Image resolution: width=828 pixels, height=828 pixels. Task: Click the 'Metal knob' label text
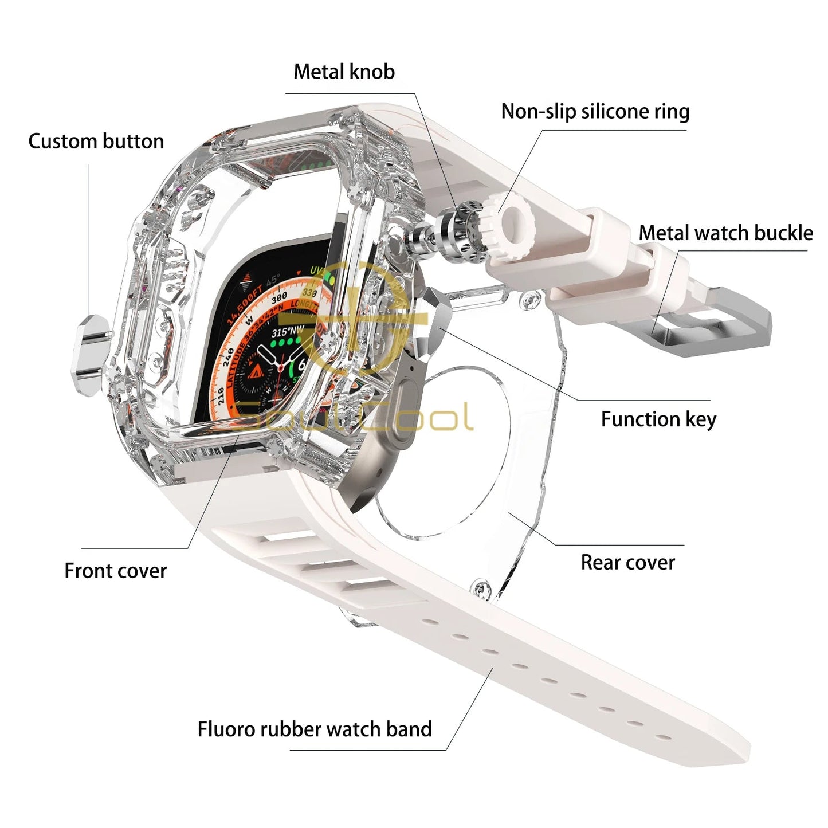pos(344,72)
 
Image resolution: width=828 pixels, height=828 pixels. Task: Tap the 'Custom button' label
pos(96,141)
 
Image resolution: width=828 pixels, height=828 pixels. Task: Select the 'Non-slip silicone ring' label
pos(595,111)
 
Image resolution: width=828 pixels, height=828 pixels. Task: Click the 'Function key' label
pos(658,419)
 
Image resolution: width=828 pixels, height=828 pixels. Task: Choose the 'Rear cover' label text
pos(627,562)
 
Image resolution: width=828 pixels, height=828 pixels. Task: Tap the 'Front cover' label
pos(115,571)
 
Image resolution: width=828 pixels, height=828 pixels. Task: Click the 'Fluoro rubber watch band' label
pos(315,729)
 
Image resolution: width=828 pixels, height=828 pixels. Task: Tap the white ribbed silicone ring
pos(507,224)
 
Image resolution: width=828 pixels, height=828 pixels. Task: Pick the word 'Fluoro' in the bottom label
pos(226,729)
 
